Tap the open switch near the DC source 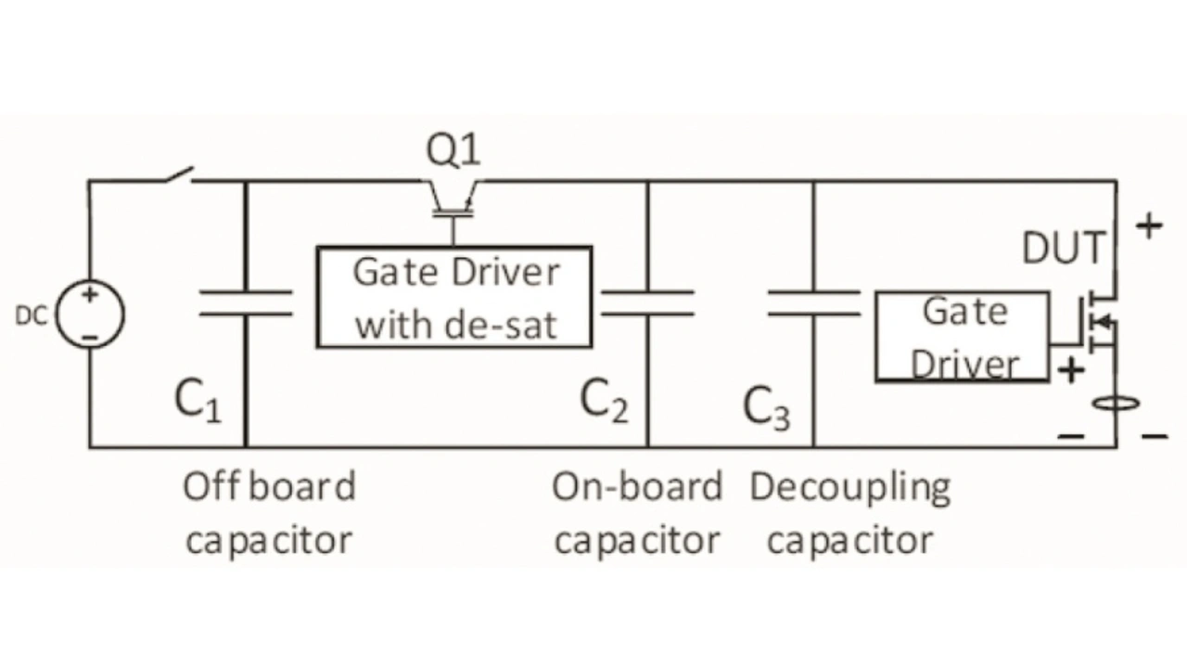177,175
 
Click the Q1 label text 453,150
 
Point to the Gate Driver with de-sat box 453,297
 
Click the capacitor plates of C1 246,302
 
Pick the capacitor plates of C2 647,302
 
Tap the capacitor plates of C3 813,302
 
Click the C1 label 198,401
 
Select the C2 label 604,401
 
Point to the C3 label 767,408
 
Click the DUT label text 1064,249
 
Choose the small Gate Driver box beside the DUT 963,336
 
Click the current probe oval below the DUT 1116,405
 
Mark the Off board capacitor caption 269,513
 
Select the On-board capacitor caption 637,513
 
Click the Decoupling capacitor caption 850,513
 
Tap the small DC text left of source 30,315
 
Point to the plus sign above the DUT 1149,225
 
